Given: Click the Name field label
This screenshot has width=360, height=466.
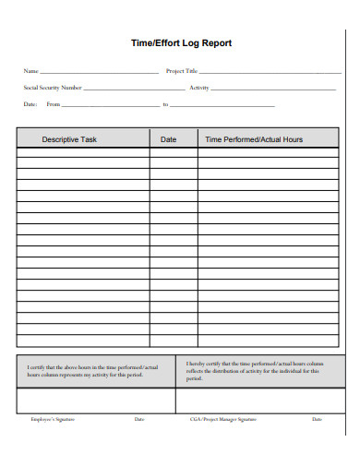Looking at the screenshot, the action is (30, 71).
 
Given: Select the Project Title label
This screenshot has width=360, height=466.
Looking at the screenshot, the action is (181, 71).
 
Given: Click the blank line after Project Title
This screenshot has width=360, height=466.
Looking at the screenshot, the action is (270, 72).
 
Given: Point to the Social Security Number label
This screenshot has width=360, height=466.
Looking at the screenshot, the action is (52, 88).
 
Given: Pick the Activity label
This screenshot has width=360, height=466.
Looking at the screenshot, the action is (199, 88).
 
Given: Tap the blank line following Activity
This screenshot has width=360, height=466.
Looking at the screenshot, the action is (277, 89).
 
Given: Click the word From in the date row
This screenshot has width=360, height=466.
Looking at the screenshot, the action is (54, 104).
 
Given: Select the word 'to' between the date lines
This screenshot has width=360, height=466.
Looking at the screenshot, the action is (165, 104).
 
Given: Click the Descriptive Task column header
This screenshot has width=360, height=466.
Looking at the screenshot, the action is (69, 139).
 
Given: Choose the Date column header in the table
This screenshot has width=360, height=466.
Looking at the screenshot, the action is (169, 139).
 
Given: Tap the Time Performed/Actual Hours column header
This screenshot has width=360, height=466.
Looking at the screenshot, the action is (253, 139).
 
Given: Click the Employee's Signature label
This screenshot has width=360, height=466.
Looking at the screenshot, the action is (53, 420).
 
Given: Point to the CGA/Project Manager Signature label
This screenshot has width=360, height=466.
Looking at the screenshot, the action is (222, 420).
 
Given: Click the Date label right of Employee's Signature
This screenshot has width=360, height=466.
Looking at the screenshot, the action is (139, 420).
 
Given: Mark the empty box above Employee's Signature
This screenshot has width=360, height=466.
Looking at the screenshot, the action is (96, 400).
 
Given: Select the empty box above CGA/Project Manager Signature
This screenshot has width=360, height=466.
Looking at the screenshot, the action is (258, 400).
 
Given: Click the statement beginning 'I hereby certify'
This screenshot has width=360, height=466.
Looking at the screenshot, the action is (255, 371).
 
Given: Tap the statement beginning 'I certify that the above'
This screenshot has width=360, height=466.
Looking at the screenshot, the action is (93, 372).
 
